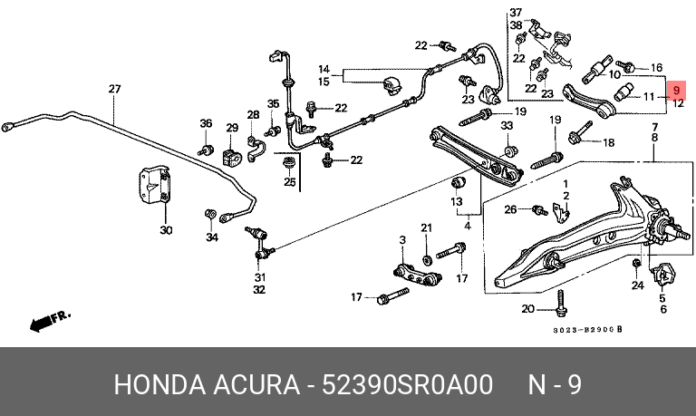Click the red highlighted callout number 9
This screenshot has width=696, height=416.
coord(676,91)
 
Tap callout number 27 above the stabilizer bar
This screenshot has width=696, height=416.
coord(114,89)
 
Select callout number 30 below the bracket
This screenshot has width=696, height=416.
coord(166,230)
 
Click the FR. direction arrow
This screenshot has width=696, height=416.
coord(50,321)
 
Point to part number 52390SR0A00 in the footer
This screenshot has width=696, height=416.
coord(407,384)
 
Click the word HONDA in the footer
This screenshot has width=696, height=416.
coord(159,384)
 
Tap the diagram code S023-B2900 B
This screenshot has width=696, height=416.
coord(587,330)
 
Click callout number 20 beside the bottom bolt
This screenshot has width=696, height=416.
coord(527,308)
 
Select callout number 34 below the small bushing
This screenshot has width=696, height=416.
coord(212,237)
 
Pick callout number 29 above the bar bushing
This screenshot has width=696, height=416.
coord(232,128)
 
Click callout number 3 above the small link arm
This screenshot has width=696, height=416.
coord(402,240)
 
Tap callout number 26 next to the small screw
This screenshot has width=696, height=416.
coord(510,208)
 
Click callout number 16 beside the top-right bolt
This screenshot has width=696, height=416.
coord(656,67)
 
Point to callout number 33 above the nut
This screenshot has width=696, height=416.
coord(507,126)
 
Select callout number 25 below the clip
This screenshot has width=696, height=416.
coord(290,182)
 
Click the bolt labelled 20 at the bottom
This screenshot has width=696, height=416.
coord(561,304)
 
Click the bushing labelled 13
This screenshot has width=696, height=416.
coord(458,181)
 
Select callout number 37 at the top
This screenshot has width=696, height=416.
coord(516,12)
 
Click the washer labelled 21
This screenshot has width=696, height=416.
coord(427,259)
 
